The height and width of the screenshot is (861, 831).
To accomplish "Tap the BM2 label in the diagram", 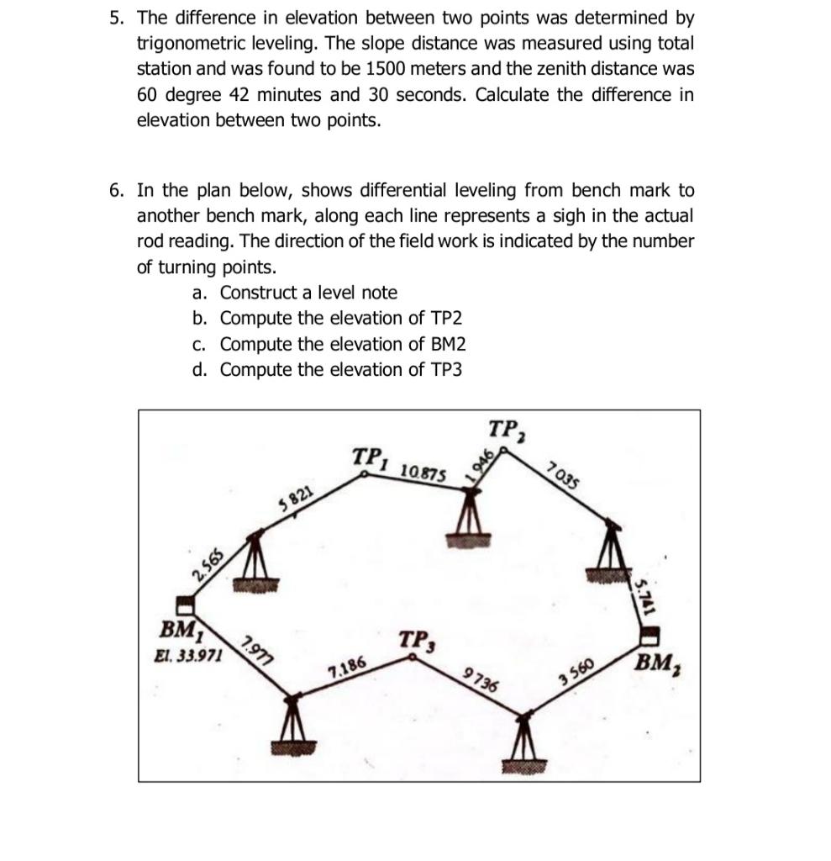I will pos(659,663).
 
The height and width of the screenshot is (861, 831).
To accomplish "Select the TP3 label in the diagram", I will pos(415,642).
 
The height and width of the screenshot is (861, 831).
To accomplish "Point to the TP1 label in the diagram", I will pos(371,458).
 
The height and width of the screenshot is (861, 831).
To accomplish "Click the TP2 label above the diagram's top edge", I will pos(506,430).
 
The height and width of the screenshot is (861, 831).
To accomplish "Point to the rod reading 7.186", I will pos(347,669).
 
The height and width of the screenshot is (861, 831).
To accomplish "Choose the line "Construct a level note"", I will pos(308,293).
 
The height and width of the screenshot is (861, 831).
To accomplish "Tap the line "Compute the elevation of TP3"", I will pos(340,370).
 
